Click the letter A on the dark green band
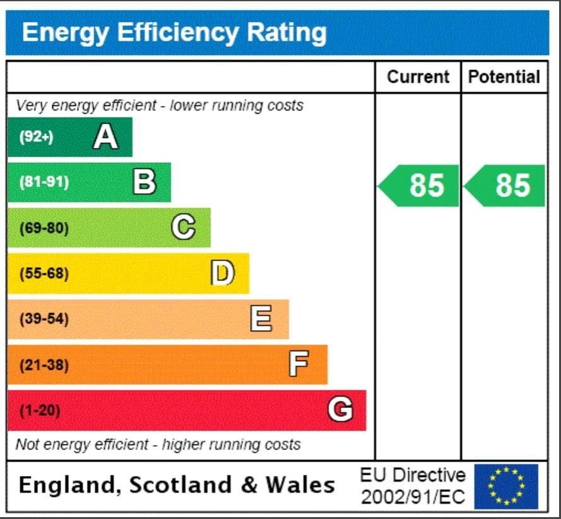(x=105, y=136)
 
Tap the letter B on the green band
(x=145, y=182)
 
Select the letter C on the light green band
(x=183, y=228)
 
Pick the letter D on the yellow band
(x=222, y=273)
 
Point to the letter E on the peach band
(x=261, y=319)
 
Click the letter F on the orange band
(x=299, y=364)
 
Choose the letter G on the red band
(x=340, y=410)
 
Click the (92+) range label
(x=36, y=137)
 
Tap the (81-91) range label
(x=44, y=182)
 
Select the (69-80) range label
(x=44, y=228)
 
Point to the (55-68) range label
(x=44, y=274)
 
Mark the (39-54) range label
(x=44, y=319)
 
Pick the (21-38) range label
(x=44, y=365)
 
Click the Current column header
(x=418, y=77)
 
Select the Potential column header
(x=504, y=77)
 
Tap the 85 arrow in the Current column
(x=420, y=186)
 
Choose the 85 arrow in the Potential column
(x=505, y=186)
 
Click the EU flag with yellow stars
(x=506, y=486)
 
